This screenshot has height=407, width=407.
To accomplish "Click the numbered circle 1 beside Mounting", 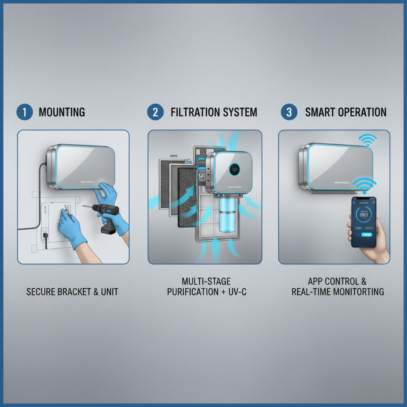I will (25, 112).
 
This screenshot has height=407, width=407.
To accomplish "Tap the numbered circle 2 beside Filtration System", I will (155, 112).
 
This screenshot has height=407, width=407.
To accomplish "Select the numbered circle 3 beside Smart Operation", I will (289, 112).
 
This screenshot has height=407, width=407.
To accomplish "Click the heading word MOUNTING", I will (62, 112).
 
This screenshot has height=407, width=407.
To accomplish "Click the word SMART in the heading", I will (318, 112).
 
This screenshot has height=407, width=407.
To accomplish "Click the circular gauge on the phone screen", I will (363, 215).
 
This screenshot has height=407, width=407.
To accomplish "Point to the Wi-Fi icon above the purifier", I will (367, 140).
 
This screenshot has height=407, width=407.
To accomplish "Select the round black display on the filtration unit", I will (235, 169).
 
